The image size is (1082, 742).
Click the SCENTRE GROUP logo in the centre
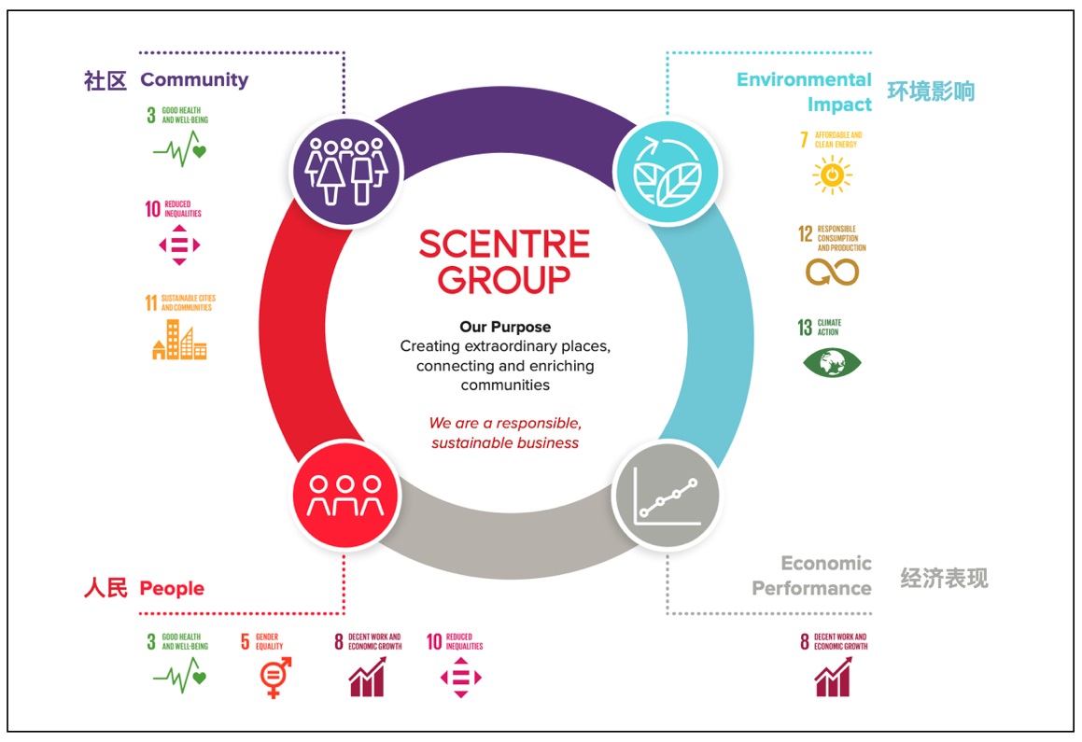tap(504, 261)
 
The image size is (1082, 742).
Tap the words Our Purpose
tap(505, 327)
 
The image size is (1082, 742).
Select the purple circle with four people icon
tap(345, 168)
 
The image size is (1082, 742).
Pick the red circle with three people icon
tap(345, 495)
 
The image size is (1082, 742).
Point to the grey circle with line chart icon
tap(667, 495)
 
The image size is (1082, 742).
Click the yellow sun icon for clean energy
tap(832, 175)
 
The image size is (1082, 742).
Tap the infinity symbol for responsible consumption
tap(832, 272)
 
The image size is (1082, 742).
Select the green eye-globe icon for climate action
tap(832, 362)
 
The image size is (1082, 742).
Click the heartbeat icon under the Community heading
tap(178, 149)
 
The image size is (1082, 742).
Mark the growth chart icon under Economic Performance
tap(832, 677)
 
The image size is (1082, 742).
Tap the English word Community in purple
tap(194, 79)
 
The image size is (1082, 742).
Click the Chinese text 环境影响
tap(931, 91)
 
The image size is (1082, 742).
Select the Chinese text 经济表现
tap(944, 579)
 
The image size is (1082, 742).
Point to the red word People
tap(172, 588)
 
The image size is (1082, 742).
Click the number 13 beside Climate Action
tap(805, 328)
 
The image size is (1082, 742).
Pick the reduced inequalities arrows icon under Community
tap(179, 245)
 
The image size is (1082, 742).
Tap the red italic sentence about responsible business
tap(505, 433)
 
